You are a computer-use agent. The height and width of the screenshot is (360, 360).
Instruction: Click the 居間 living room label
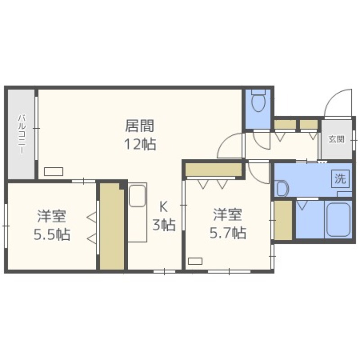click(140, 124)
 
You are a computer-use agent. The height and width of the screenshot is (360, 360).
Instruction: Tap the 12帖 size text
click(140, 144)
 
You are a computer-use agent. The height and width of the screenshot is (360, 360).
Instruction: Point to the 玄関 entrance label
click(336, 139)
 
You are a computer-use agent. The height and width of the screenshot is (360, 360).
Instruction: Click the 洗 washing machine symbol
click(340, 179)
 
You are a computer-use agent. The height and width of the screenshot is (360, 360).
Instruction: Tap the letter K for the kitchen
click(164, 207)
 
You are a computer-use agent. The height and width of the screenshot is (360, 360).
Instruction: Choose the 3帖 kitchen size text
click(164, 225)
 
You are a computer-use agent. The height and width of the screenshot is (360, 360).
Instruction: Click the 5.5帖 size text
click(52, 234)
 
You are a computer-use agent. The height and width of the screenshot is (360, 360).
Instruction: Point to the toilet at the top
click(258, 102)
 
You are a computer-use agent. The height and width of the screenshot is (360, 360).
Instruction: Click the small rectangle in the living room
click(54, 171)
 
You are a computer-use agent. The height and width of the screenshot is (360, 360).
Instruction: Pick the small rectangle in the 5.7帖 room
click(195, 261)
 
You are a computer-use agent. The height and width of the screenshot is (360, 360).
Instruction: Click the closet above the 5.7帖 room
click(214, 170)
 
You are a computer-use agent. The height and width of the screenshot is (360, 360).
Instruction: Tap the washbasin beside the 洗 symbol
click(282, 188)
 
